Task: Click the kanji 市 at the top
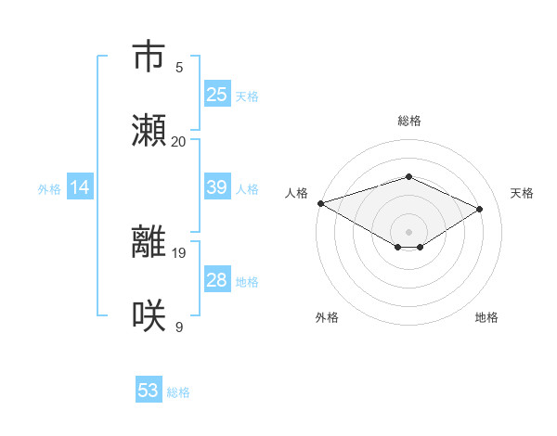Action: [x=149, y=57]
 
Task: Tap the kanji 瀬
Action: [x=149, y=131]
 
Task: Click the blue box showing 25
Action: [x=217, y=95]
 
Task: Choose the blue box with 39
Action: [x=217, y=187]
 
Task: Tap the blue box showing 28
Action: [x=217, y=280]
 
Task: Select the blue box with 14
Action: [x=80, y=187]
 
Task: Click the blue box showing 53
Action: [x=149, y=391]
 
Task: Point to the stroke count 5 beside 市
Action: [x=179, y=67]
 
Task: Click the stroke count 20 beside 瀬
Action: [x=179, y=141]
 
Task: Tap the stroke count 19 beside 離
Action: [x=179, y=252]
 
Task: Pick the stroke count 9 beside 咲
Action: [x=179, y=327]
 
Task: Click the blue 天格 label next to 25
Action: [x=247, y=96]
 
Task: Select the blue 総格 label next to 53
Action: [x=178, y=392]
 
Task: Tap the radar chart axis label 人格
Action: [x=296, y=193]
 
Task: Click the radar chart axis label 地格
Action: [x=486, y=317]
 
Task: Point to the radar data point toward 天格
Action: [x=480, y=209]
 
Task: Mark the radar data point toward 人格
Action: [x=320, y=203]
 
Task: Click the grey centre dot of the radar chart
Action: [x=408, y=231]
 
